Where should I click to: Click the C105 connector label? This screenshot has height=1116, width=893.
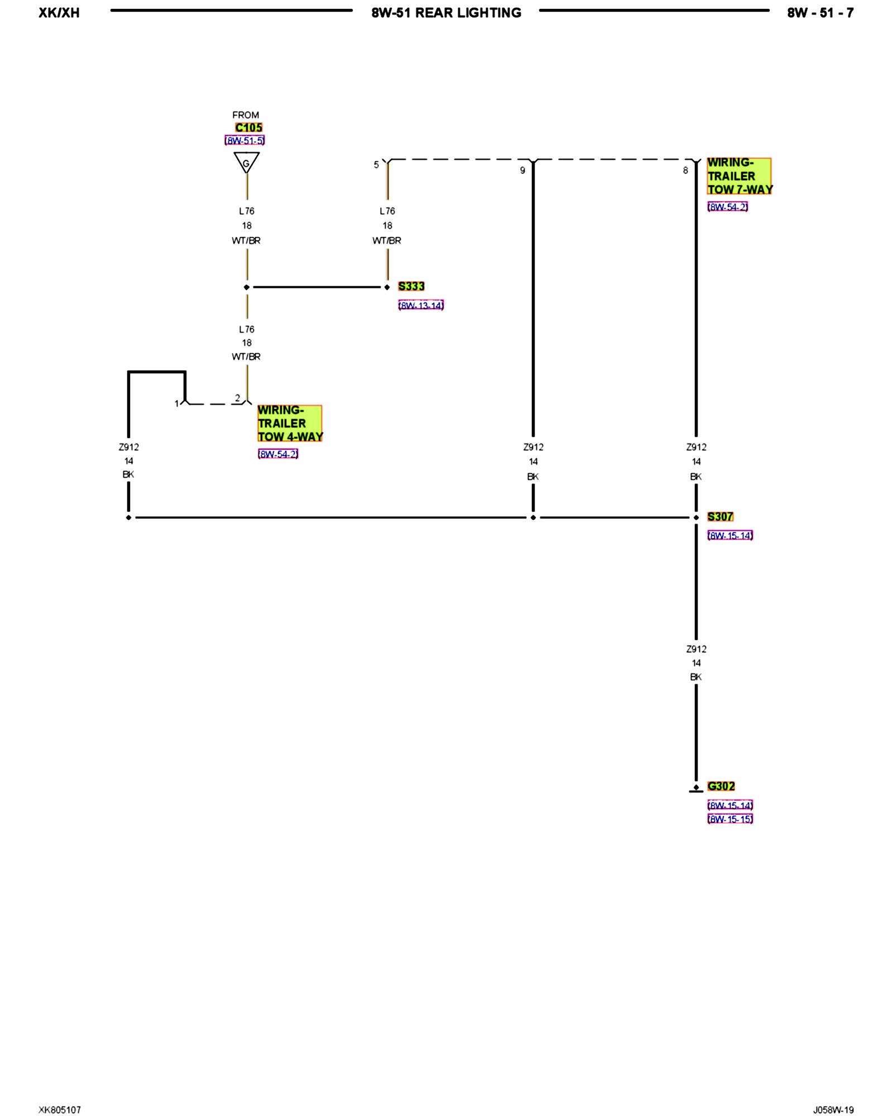point(248,128)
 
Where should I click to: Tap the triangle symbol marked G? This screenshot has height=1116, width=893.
point(246,162)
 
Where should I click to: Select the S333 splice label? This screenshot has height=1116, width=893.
point(411,286)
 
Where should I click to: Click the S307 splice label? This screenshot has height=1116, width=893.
point(720,517)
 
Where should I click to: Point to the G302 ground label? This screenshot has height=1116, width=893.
point(721,786)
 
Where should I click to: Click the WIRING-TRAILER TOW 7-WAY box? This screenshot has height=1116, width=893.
point(739,176)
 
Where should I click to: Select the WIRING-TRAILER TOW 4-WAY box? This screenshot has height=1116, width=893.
point(290,424)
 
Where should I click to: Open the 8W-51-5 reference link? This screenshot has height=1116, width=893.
point(244,141)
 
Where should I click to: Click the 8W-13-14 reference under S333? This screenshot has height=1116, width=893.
point(421,305)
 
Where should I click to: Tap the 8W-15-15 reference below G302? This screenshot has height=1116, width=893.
point(730,819)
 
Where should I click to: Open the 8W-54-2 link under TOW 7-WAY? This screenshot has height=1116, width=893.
point(727,207)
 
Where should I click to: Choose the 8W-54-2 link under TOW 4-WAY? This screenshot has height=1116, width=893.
point(277,454)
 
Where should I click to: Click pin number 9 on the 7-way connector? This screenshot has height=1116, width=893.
point(522,171)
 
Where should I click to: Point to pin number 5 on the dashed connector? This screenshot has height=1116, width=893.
point(376,165)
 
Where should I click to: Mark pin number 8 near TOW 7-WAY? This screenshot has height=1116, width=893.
point(685,171)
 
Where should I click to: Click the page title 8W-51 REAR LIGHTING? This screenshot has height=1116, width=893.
point(446,13)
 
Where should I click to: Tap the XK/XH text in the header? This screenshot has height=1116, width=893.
point(59,13)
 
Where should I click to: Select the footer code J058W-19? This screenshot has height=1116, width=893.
point(833,1110)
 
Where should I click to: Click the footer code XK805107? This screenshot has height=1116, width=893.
point(60,1110)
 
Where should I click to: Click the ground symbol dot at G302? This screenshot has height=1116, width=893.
point(696,787)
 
